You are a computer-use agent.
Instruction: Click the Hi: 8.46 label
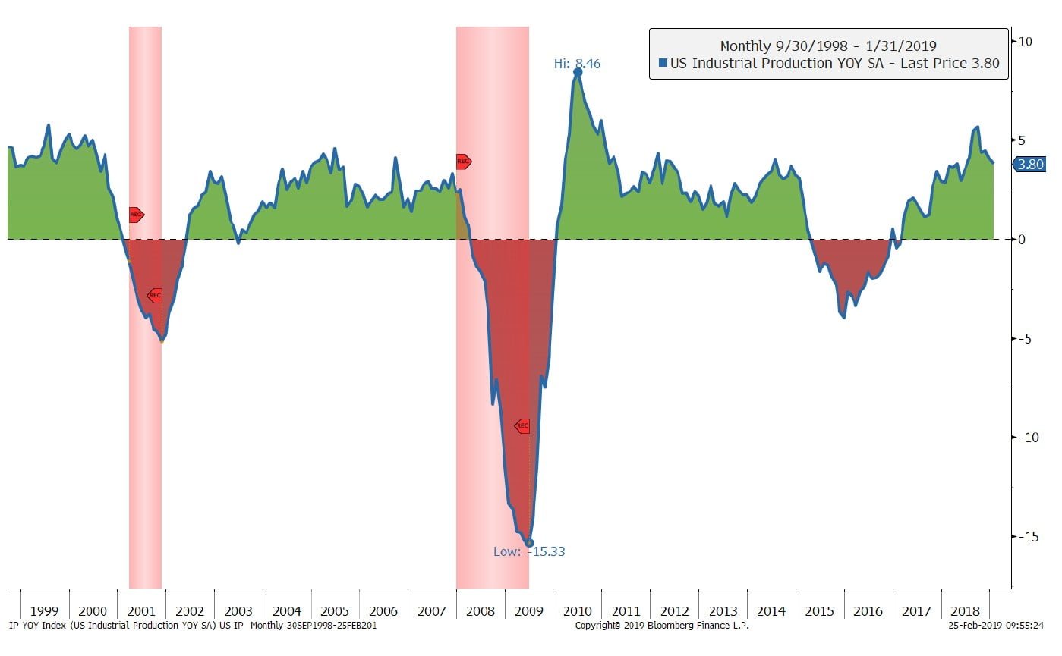coord(577,64)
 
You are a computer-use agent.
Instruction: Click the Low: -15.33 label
coord(529,551)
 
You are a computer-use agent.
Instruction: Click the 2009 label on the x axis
coord(529,611)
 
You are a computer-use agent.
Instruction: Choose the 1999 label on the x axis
coord(45,611)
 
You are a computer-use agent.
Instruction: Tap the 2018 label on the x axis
coord(965,611)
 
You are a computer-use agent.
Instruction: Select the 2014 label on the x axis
coord(771,611)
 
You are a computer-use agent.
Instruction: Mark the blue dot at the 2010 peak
coord(578,71)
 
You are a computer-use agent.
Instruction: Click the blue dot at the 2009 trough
coord(530,543)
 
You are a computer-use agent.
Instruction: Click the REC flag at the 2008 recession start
coord(463,162)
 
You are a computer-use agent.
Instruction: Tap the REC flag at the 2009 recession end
coord(522,426)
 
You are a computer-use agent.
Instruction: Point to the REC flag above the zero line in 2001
coord(136,215)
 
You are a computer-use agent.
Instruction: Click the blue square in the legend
coord(663,64)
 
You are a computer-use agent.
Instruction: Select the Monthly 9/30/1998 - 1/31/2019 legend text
coord(828,46)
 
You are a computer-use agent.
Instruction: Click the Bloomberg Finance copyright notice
coord(662,626)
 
